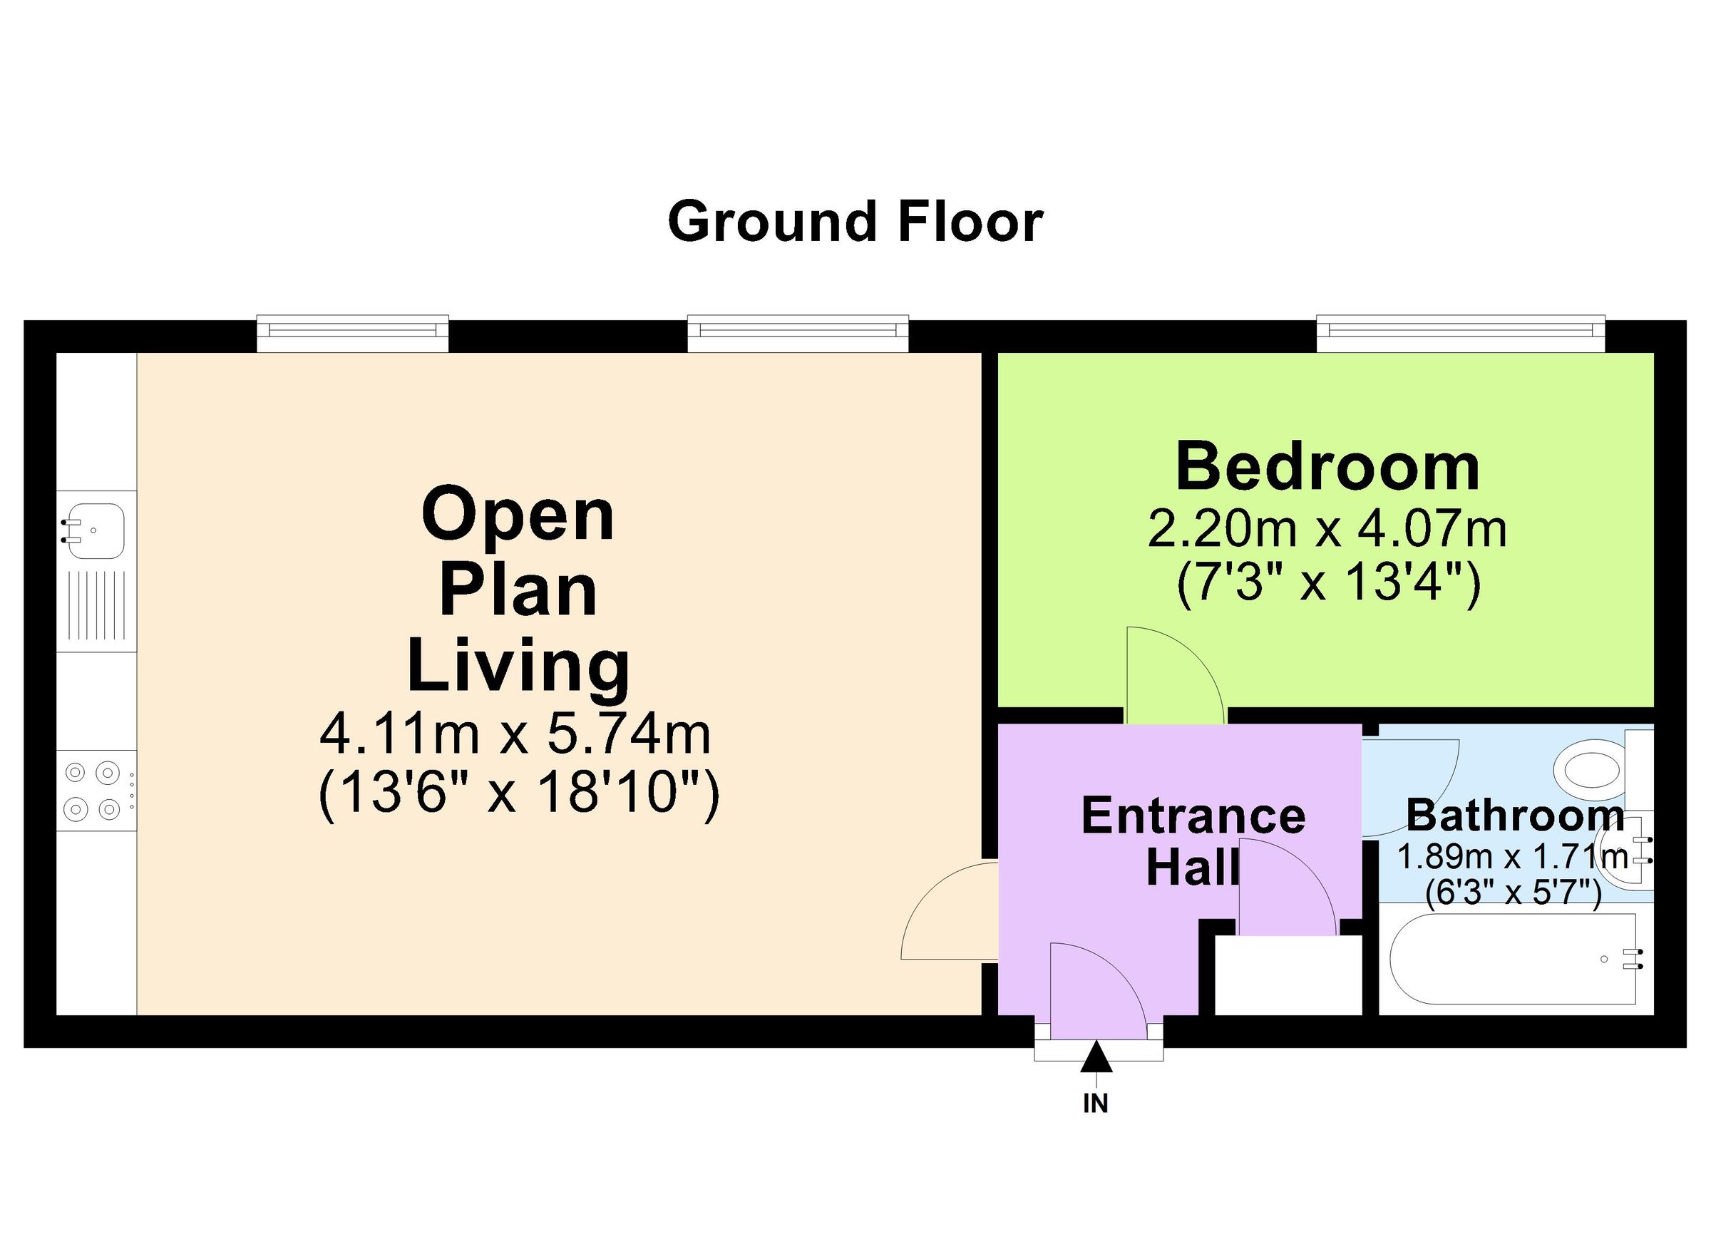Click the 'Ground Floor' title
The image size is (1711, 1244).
[x=855, y=222]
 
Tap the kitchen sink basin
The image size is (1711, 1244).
[x=95, y=530]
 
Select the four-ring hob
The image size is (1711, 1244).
[x=96, y=791]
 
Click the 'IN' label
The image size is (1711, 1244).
[x=1096, y=1104]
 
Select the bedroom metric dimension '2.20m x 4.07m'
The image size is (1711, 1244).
[x=1327, y=530]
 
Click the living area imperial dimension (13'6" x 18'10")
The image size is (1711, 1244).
[x=519, y=793]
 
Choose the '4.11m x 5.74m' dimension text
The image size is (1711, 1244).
[x=515, y=736]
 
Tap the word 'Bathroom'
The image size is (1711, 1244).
[x=1515, y=816]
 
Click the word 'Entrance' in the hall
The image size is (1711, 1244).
[x=1193, y=816]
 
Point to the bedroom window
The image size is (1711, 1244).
[x=1461, y=333]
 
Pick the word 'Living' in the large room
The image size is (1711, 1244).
[x=519, y=665]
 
